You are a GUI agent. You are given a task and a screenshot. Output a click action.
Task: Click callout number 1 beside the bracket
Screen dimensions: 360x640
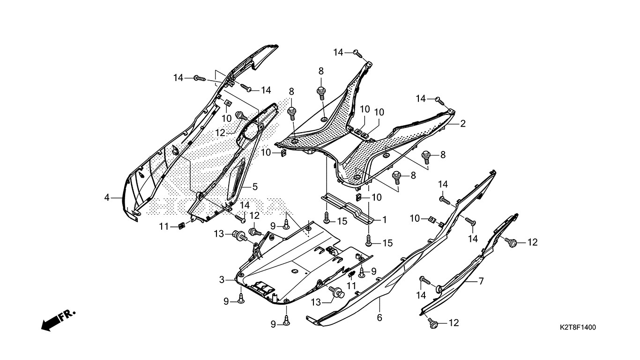[x=384, y=219]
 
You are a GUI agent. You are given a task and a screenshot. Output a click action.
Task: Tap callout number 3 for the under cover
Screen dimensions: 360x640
[x=222, y=280]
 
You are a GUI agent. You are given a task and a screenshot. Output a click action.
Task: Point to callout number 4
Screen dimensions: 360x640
[x=107, y=198]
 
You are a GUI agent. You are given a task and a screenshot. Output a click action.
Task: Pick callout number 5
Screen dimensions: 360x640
[x=255, y=187]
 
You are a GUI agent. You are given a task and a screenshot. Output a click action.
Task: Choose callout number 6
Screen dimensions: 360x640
[x=380, y=318]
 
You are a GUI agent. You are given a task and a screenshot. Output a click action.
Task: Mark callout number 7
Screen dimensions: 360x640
[x=481, y=281]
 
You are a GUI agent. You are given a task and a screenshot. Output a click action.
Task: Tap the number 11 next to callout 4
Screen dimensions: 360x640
[x=163, y=227]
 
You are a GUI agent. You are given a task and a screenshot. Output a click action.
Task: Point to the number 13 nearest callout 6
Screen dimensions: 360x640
[x=316, y=303]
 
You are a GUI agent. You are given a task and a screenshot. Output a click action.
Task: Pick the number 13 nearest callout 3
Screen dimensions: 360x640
[x=219, y=234]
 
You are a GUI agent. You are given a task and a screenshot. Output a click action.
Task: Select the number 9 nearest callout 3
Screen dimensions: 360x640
[x=226, y=301]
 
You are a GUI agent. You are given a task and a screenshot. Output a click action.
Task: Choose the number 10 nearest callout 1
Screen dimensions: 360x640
[x=377, y=198]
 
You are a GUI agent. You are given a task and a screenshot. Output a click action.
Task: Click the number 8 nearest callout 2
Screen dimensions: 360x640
[x=442, y=155]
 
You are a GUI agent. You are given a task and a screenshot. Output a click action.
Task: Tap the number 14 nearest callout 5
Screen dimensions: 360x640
[x=245, y=205]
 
